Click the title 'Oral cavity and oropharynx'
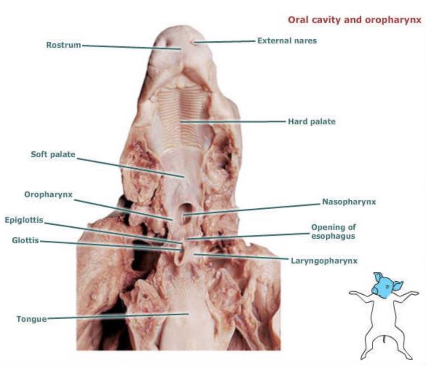tap(355, 20)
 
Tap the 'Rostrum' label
tap(63, 45)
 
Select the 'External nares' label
tap(287, 41)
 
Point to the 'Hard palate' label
tap(311, 122)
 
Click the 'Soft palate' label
tap(53, 154)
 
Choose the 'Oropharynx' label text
tap(48, 195)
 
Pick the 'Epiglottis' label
tap(24, 220)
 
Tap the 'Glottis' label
tap(25, 241)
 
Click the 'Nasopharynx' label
tap(349, 202)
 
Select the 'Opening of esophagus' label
tap(333, 232)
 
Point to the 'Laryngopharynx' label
tap(324, 261)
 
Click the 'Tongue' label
tap(32, 319)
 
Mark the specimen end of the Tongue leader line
tap(188, 314)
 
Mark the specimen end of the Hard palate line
tap(182, 122)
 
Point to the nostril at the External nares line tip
tap(194, 42)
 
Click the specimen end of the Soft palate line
tap(184, 177)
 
